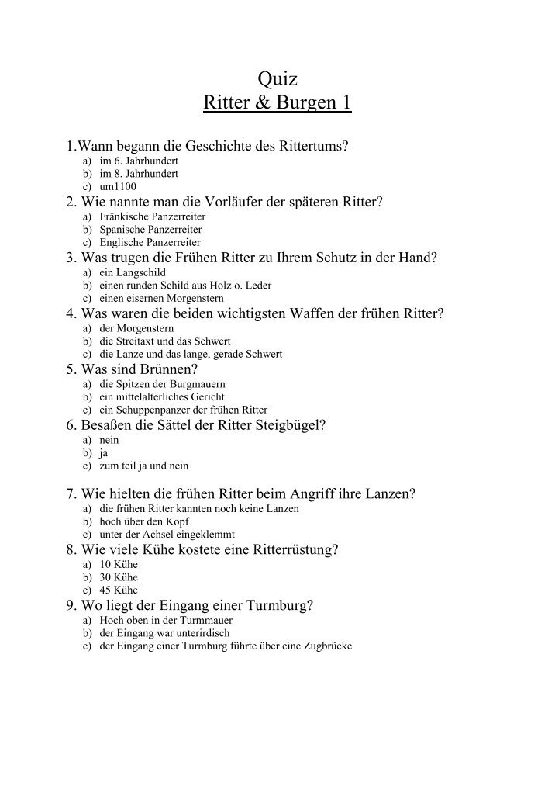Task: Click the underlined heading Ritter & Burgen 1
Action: tap(277, 102)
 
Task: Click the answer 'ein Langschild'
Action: tap(127, 272)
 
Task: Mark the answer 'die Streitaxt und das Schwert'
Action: tap(164, 341)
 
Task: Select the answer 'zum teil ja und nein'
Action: tap(143, 466)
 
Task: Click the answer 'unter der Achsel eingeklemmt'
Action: tap(167, 535)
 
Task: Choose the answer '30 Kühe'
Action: tap(118, 577)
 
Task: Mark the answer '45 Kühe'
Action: tap(118, 590)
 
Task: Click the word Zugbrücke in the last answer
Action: tap(327, 646)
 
